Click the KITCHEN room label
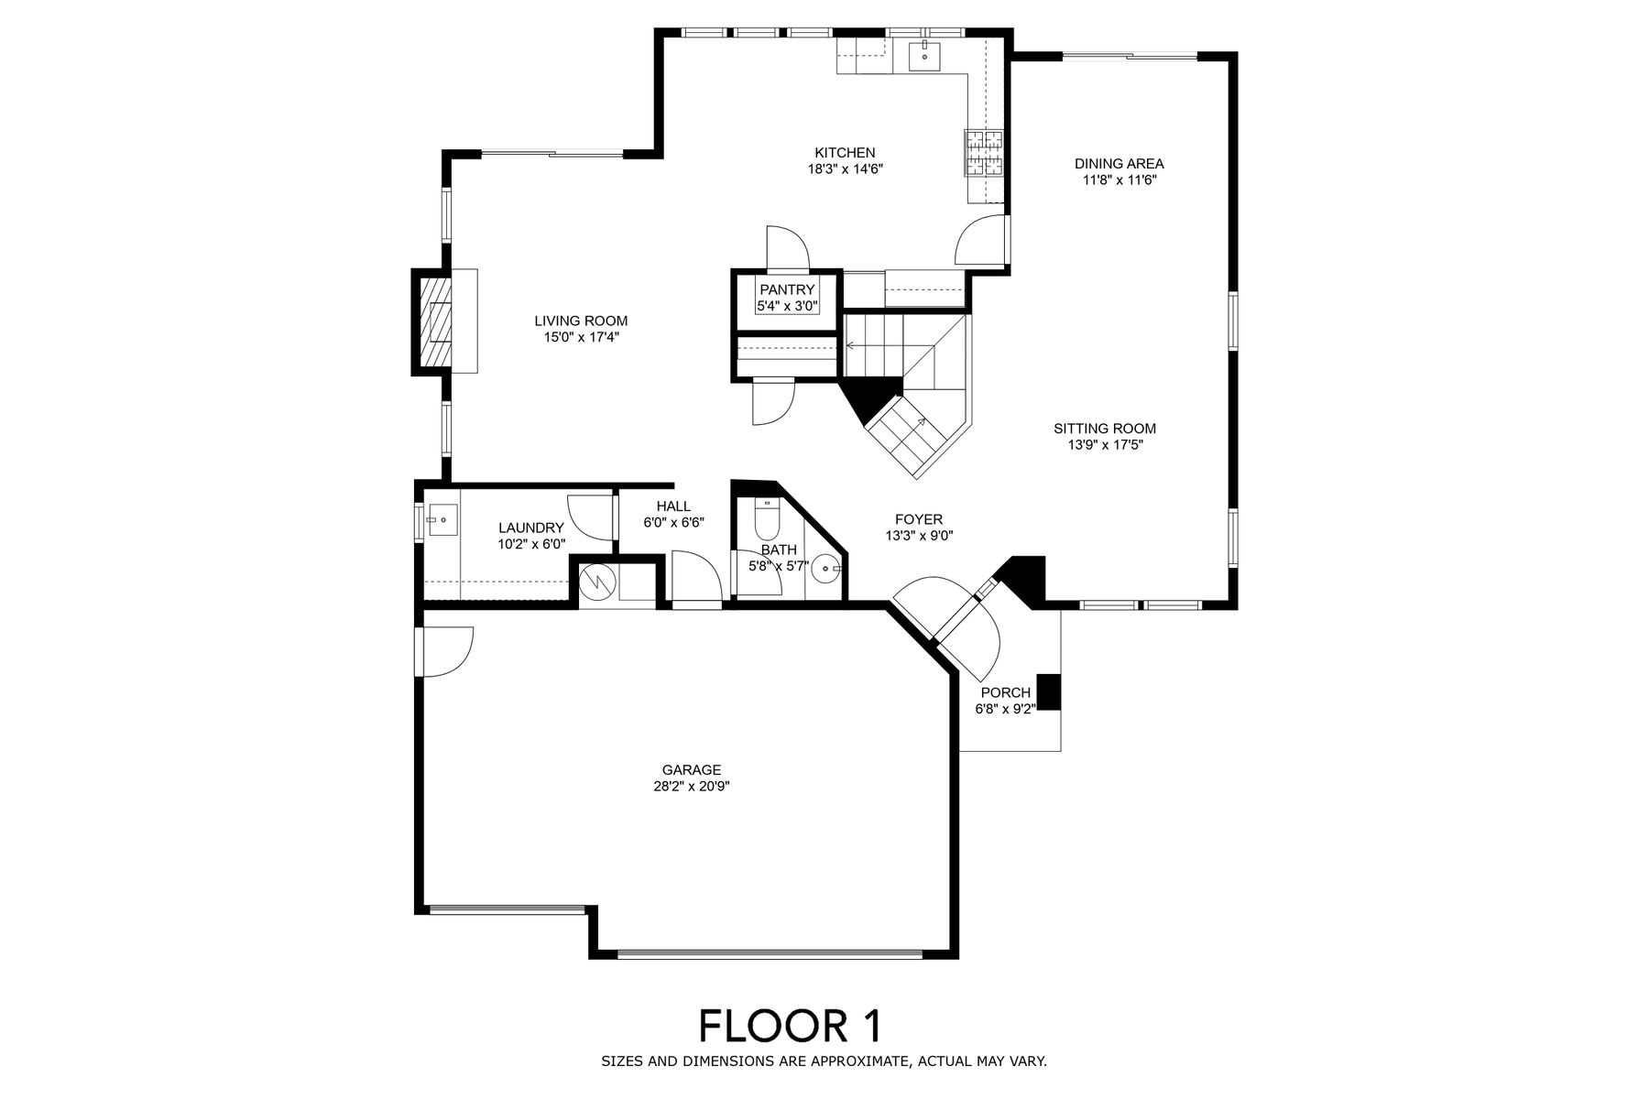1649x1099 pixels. pyautogui.click(x=845, y=153)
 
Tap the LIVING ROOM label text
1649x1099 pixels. pyautogui.click(x=581, y=321)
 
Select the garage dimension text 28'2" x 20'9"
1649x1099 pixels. pyautogui.click(x=692, y=786)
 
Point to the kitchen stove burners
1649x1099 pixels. pyautogui.click(x=983, y=153)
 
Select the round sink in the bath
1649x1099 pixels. pyautogui.click(x=827, y=569)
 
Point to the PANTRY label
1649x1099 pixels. pyautogui.click(x=787, y=290)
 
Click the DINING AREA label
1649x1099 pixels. pyautogui.click(x=1119, y=164)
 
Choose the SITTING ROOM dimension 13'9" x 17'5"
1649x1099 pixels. pyautogui.click(x=1105, y=445)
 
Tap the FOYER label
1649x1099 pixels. pyautogui.click(x=919, y=520)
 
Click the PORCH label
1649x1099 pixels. pyautogui.click(x=1005, y=692)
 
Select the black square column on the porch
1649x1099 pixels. pyautogui.click(x=1049, y=691)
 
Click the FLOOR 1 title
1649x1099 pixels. pyautogui.click(x=791, y=1026)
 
